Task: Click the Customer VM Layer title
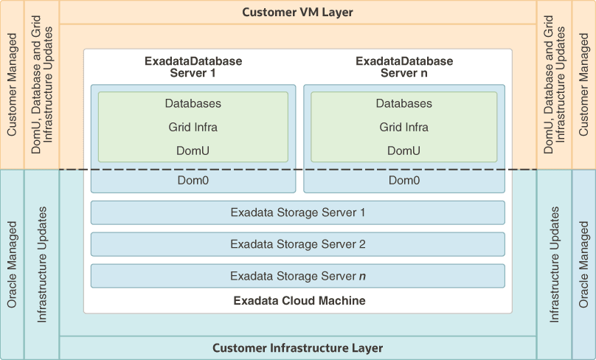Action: (297, 13)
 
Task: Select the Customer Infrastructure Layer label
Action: (297, 347)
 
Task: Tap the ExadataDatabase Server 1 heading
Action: (193, 66)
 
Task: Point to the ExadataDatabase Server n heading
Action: (404, 66)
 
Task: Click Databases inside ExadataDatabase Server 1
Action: (193, 103)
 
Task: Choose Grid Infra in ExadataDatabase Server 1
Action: (193, 127)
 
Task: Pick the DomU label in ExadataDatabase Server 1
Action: (193, 150)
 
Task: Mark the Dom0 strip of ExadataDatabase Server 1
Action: (193, 180)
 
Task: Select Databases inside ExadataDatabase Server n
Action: (404, 103)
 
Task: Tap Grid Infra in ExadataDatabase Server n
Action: (404, 127)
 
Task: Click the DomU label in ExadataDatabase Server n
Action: (404, 150)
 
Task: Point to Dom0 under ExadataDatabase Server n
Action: (404, 180)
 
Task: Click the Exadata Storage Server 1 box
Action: (297, 212)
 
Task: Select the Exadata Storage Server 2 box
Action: (297, 244)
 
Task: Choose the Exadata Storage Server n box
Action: (297, 276)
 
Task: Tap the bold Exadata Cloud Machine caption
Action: (297, 301)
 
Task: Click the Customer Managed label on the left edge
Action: (12, 85)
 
